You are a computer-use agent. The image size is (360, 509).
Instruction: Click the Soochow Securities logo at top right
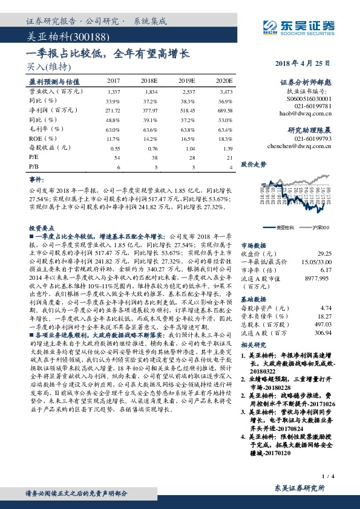[x=301, y=25]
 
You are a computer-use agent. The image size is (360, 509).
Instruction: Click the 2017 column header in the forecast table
[x=113, y=80]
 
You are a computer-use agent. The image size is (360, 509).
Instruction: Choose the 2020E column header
[x=224, y=80]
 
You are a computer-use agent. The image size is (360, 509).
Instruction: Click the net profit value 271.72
[x=113, y=111]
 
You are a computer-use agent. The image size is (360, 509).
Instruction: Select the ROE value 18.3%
[x=225, y=138]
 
